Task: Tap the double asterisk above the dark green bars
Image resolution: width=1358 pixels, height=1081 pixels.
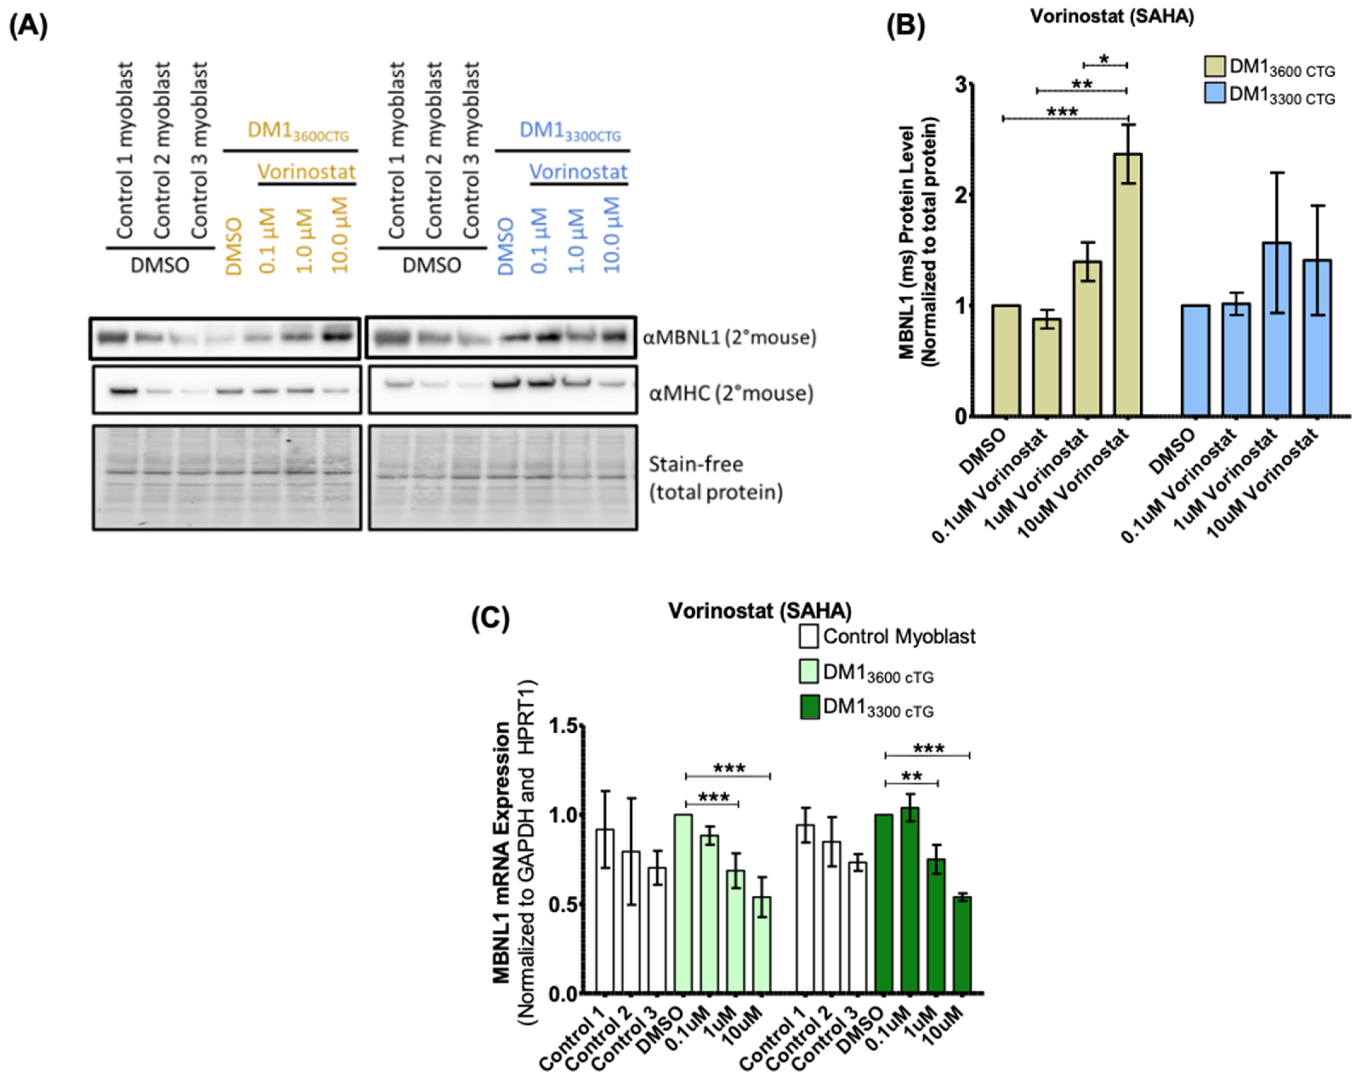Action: pyautogui.click(x=912, y=776)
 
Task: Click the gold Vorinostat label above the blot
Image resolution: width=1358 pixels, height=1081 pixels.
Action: pyautogui.click(x=307, y=172)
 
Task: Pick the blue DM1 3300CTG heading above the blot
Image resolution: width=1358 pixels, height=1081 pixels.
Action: pyautogui.click(x=570, y=132)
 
